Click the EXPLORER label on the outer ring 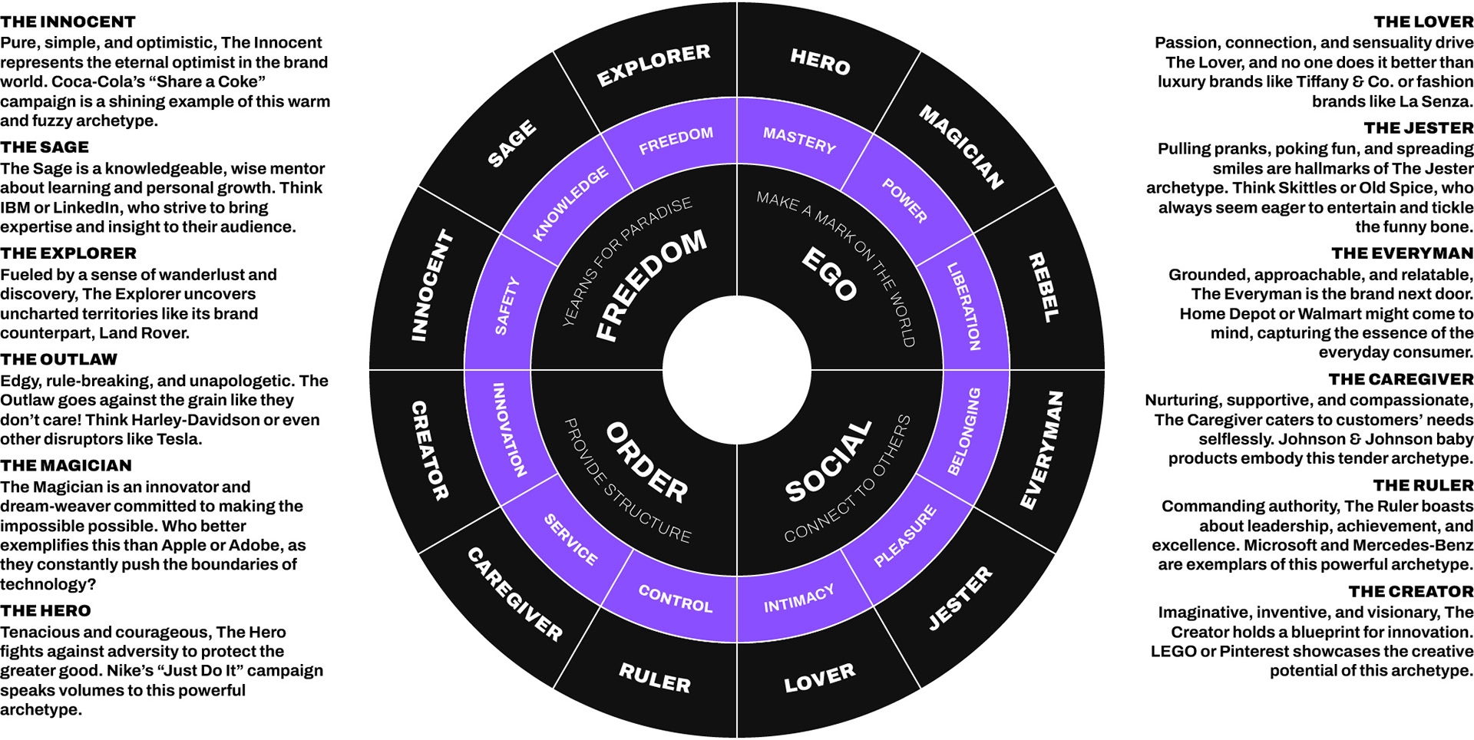(653, 65)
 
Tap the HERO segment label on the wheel (820, 61)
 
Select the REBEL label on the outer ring (1044, 286)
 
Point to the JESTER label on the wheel (960, 599)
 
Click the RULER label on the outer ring (655, 678)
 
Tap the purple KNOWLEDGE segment (570, 203)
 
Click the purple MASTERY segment (799, 140)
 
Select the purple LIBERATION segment (964, 306)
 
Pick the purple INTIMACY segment (798, 599)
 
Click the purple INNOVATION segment (509, 430)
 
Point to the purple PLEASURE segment (905, 536)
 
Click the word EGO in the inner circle (829, 273)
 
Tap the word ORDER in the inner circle (647, 462)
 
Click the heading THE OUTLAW (59, 359)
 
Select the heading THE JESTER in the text (1418, 127)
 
